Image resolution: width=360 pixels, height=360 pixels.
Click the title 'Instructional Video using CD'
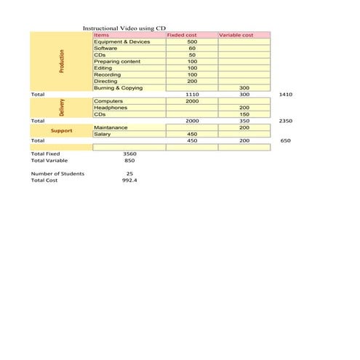124,28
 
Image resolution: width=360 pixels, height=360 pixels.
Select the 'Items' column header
102,35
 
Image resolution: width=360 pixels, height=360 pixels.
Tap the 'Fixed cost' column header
182,35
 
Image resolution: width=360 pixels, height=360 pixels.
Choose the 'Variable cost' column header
236,35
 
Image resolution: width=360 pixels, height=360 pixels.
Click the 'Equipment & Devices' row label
121,41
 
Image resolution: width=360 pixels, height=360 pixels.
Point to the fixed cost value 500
192,41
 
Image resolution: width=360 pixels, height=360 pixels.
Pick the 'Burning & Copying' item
119,87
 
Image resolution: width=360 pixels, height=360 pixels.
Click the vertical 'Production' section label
62,61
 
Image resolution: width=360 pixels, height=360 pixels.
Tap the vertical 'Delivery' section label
62,108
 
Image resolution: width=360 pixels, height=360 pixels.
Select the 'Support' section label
61,131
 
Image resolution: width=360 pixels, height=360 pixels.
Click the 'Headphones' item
111,108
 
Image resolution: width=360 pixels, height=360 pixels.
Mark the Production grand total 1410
285,95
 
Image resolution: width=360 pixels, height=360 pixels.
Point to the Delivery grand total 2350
285,121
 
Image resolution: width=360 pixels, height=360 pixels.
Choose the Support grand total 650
285,140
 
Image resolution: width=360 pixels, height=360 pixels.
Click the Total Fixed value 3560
130,153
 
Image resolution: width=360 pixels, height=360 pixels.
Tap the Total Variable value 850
130,160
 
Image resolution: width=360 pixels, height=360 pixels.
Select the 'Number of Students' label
57,174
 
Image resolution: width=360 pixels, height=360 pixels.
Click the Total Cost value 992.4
130,180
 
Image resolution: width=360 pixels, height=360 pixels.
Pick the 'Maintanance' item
111,127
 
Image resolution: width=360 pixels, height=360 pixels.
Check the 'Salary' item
103,134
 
